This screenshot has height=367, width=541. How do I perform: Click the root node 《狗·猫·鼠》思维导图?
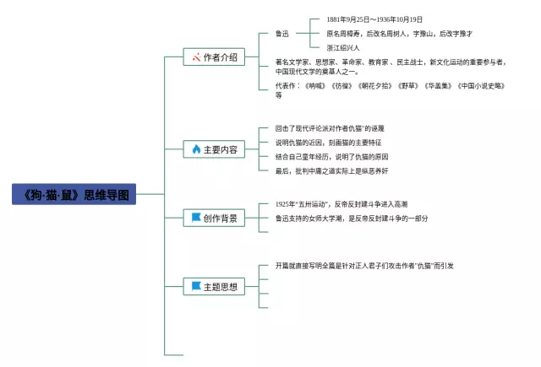(74, 195)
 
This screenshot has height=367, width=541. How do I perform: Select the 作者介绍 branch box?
(213, 57)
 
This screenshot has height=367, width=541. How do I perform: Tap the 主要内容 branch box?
(213, 149)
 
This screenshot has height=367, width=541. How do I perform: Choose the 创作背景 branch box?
(213, 218)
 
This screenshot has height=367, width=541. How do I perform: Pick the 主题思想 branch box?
(213, 287)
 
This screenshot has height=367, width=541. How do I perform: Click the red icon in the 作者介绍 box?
(195, 57)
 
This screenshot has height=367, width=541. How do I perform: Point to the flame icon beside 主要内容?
(196, 149)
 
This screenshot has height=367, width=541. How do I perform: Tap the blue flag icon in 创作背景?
(196, 218)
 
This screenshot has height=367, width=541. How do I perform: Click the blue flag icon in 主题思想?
(196, 287)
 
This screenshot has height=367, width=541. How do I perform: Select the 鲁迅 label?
(282, 34)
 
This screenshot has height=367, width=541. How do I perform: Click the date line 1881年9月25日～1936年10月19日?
(374, 19)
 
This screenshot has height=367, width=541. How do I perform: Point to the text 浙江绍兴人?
(343, 47)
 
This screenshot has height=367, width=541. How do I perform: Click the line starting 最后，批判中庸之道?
(331, 170)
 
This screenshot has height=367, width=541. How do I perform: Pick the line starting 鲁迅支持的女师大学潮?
(351, 218)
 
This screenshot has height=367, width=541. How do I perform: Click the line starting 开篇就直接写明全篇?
(364, 266)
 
